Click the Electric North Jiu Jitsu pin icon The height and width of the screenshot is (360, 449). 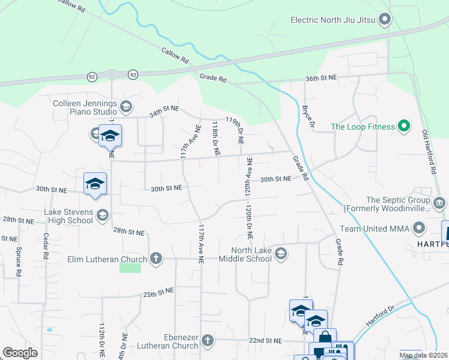(x=385, y=20)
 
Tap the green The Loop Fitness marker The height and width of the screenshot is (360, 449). (x=404, y=127)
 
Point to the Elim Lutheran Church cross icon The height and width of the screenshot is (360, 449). (x=156, y=259)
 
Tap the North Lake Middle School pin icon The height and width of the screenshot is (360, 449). (x=280, y=254)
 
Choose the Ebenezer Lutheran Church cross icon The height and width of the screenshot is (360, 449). (x=207, y=341)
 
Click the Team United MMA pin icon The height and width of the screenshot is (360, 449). (x=419, y=229)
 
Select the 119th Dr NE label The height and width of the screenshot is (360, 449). (x=235, y=130)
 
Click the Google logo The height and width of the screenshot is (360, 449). (x=20, y=353)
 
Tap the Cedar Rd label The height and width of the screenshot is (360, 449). (x=45, y=247)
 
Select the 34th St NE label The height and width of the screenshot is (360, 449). (x=164, y=111)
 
